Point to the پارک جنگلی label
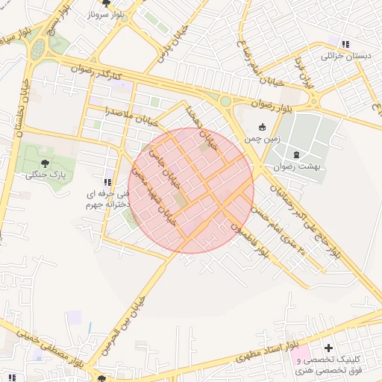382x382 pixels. [x=46, y=175]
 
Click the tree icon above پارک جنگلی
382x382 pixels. [x=46, y=162]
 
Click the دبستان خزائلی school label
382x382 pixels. [x=344, y=56]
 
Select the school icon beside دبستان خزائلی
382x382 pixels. [x=344, y=43]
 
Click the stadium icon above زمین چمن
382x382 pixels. [x=262, y=126]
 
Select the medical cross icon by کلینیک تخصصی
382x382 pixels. [x=328, y=348]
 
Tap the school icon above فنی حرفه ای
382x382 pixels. [x=108, y=181]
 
